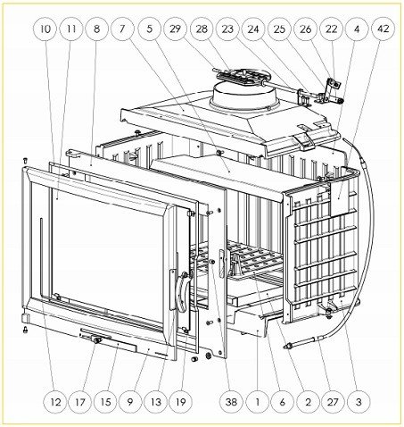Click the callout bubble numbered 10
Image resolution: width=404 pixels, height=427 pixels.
(45, 29)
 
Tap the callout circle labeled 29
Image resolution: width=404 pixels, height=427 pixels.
(176, 29)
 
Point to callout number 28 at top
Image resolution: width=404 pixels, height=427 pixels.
(202, 29)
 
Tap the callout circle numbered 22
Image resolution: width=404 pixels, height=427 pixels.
(332, 29)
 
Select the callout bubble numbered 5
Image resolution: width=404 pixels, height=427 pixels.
(149, 29)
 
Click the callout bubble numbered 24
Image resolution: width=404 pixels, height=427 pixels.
(254, 29)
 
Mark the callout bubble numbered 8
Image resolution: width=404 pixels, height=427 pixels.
(96, 29)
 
